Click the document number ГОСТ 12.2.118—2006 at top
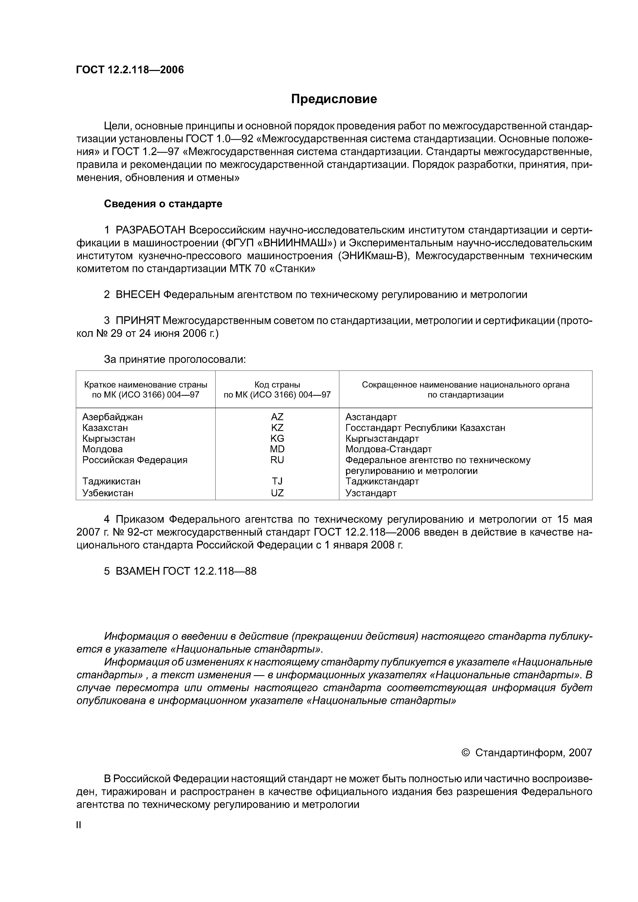pos(130,70)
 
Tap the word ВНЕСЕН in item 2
pos(138,295)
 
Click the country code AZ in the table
pos(277,417)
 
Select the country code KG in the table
pos(277,438)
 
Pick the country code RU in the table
pos(277,460)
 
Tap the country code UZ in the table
pos(277,493)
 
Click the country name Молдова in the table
pos(103,449)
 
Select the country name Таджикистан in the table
pos(111,481)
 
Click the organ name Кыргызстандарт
pos(382,438)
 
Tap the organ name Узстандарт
pos(371,493)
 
